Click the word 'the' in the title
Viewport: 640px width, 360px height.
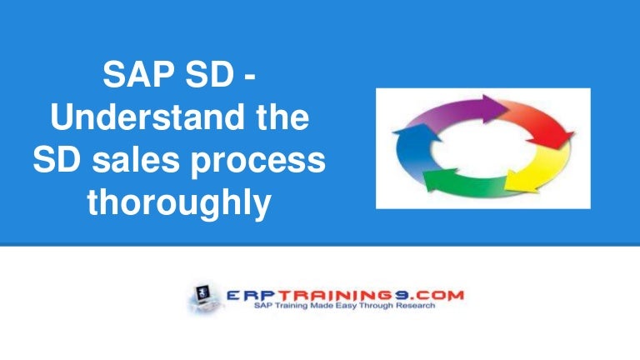[x=279, y=120]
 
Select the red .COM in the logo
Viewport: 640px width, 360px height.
[x=442, y=295]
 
